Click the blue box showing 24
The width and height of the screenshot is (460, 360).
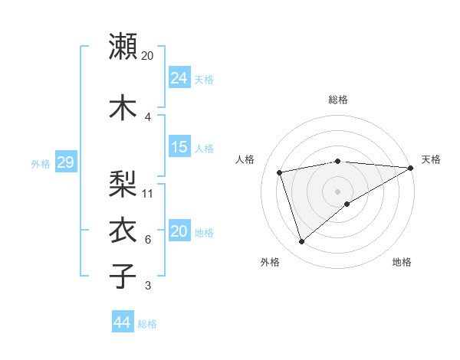pos(179,78)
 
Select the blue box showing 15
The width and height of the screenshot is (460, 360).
pos(179,147)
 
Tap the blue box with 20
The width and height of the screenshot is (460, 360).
pos(179,231)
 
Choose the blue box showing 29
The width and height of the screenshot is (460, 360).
pos(65,162)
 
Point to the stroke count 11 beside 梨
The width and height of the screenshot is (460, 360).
pos(148,193)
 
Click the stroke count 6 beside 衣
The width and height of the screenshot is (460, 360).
pos(147,240)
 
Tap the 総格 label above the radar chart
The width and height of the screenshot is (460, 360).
pos(338,100)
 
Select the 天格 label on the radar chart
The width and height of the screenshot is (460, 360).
pos(431,159)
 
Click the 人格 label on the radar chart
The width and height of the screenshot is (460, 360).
pos(245,159)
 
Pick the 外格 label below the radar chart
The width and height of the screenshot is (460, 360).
pos(270,262)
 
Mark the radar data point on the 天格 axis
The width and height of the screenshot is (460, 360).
pos(411,168)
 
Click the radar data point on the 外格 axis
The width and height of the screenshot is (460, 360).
pos(301,242)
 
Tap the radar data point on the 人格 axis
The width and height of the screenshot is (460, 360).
pos(280,172)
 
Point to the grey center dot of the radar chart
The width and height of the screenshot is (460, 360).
pos(338,191)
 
